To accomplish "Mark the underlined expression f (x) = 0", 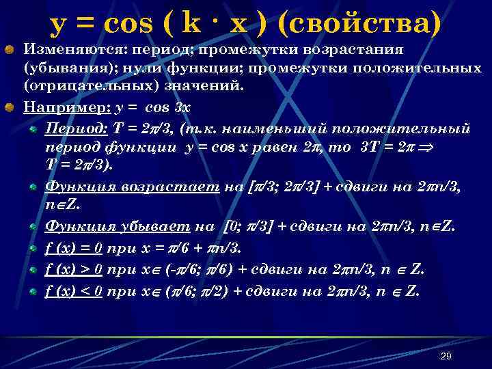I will tap(73, 247).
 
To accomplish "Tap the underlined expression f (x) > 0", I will tap(73, 269).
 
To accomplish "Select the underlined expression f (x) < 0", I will tap(73, 291).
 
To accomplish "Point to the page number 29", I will tap(446, 356).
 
